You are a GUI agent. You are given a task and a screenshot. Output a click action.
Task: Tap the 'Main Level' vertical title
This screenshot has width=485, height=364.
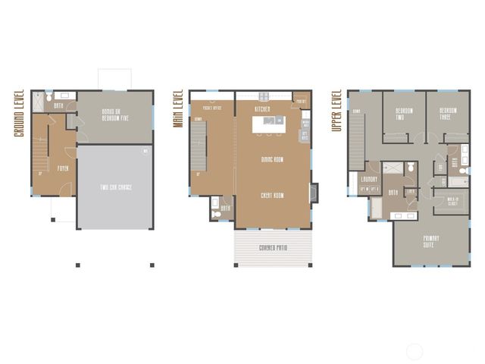coord(178,108)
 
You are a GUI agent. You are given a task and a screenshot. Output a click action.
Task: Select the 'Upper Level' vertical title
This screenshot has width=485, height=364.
coord(335,111)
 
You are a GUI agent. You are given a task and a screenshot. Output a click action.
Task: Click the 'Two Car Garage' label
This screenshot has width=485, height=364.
coord(114,187)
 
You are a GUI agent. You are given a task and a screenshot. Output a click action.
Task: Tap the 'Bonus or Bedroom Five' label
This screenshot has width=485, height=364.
coord(114,115)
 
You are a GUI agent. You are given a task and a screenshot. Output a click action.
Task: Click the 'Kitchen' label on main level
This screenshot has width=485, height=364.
coord(263,109)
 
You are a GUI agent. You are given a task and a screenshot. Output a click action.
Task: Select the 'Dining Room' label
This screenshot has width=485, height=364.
coord(272,159)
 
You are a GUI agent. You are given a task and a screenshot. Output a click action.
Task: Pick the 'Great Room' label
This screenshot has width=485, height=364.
coord(272,195)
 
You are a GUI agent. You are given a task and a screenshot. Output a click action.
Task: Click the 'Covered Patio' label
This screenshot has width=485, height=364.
coord(272,247)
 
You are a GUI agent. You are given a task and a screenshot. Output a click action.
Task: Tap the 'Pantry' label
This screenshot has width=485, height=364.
coord(300,101)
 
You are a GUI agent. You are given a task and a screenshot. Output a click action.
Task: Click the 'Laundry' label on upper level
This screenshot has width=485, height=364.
coord(369,179)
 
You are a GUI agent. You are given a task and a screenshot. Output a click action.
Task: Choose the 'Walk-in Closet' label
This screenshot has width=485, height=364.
coord(453,201)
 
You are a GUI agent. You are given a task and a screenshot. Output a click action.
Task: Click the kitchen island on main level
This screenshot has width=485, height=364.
coord(269,124)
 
